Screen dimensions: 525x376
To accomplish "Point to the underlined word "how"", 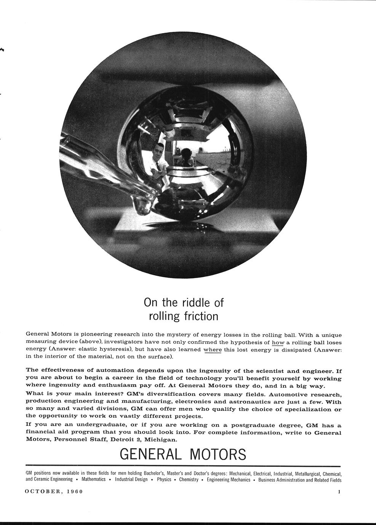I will point(273,342).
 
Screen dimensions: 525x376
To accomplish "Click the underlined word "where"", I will point(213,350).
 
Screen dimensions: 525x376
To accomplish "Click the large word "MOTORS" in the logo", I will point(218,454).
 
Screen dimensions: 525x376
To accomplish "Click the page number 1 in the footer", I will point(339,492).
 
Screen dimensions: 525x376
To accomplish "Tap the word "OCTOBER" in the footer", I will point(43,492).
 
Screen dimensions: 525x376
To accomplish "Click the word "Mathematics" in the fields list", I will point(93,479).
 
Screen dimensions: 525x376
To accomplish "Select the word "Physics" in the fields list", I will point(164,479).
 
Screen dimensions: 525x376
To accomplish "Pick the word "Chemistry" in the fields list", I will point(189,479).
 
